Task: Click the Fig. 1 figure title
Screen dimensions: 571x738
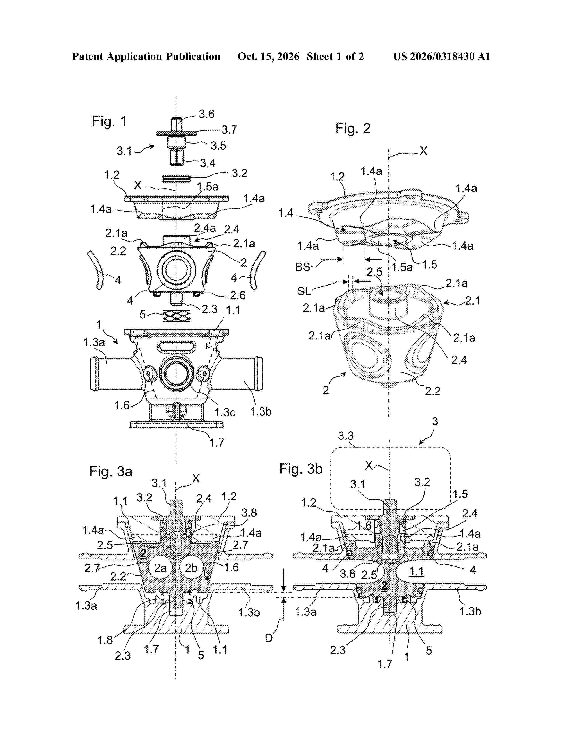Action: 109,121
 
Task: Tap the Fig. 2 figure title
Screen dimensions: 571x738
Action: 353,128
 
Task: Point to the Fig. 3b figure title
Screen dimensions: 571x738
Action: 301,469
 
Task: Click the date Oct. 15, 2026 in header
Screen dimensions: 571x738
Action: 268,56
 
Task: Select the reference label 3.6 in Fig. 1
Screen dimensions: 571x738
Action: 206,114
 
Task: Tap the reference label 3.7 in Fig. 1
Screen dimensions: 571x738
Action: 229,129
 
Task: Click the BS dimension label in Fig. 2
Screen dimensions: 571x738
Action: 303,267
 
